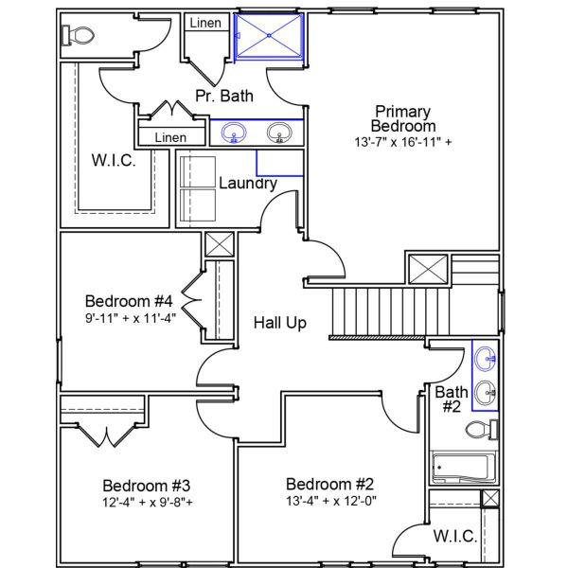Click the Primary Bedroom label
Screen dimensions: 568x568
pyautogui.click(x=404, y=118)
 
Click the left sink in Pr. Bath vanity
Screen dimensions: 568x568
pyautogui.click(x=232, y=133)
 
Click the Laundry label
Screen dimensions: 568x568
pyautogui.click(x=247, y=183)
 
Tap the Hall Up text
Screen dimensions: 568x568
pyautogui.click(x=279, y=323)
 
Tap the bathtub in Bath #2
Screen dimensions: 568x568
pyautogui.click(x=460, y=467)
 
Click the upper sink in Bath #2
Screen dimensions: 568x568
pyautogui.click(x=486, y=358)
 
